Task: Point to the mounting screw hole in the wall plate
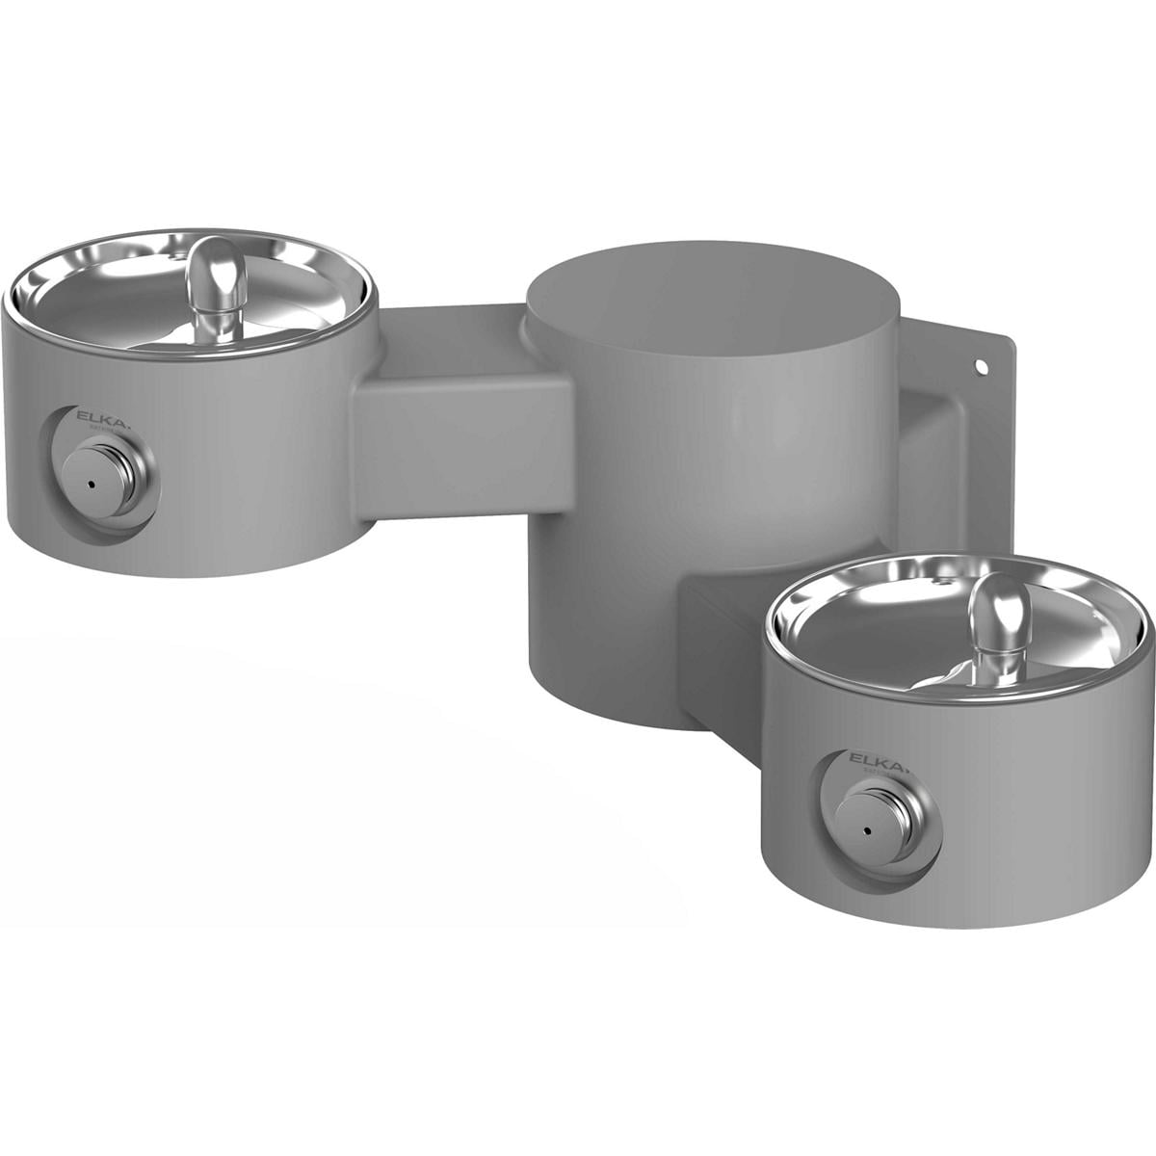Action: coord(982,367)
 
